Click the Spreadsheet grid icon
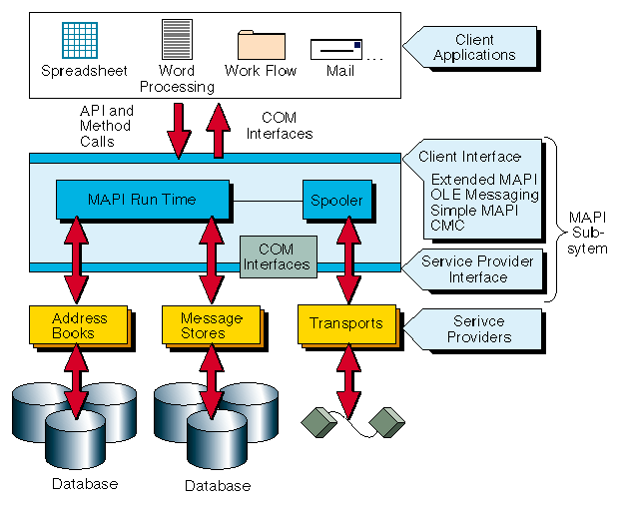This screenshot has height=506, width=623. pos(80,40)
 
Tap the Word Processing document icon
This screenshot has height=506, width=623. pos(177,39)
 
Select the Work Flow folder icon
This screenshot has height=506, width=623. pos(262,45)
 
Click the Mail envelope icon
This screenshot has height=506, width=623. pos(335,49)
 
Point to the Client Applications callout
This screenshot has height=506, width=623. pos(473,47)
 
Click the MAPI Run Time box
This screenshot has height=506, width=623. pos(142,200)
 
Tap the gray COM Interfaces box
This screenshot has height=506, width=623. pos(278,256)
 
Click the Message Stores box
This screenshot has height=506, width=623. pos(211,324)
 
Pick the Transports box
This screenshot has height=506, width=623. pos(345,323)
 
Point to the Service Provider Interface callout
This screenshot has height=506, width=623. pos(477,268)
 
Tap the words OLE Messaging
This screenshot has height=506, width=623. pos(484,195)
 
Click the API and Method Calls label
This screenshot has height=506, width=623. pos(106,127)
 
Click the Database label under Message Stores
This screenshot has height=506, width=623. pos(217,486)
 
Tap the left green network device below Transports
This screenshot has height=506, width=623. pos(317,419)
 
